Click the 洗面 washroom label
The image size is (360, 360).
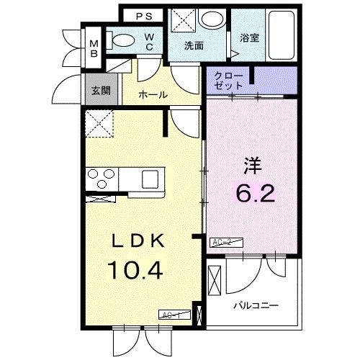coord(194,46)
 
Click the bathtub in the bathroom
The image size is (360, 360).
coord(278,36)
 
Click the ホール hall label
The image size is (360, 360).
coord(153,94)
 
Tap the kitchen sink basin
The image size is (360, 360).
coord(153,177)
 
